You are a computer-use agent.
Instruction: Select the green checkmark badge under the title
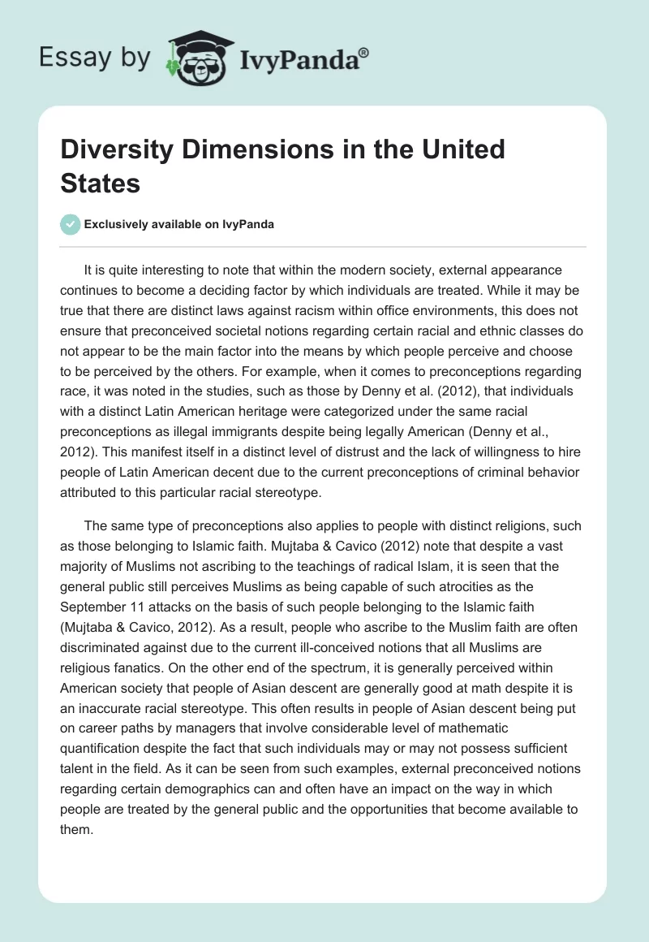click(x=71, y=224)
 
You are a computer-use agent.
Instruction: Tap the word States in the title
click(x=101, y=183)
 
